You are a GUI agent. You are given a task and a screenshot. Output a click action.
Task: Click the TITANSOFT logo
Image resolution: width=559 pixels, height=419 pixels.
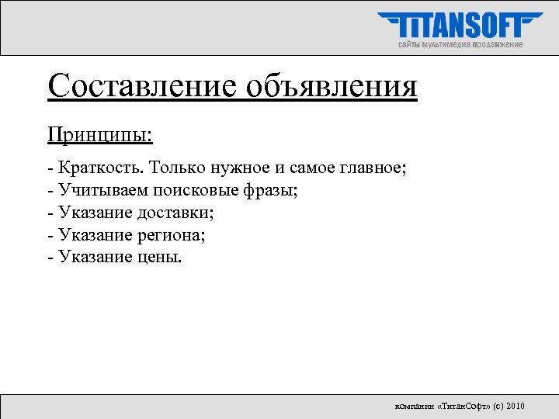tap(460, 26)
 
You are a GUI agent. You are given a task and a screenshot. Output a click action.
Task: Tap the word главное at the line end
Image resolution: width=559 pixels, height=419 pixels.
tap(372, 167)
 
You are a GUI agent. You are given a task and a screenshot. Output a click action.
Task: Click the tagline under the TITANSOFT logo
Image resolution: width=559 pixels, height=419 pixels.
tap(460, 44)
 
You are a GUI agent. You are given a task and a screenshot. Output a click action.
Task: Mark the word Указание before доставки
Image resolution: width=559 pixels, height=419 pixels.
tap(96, 212)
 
